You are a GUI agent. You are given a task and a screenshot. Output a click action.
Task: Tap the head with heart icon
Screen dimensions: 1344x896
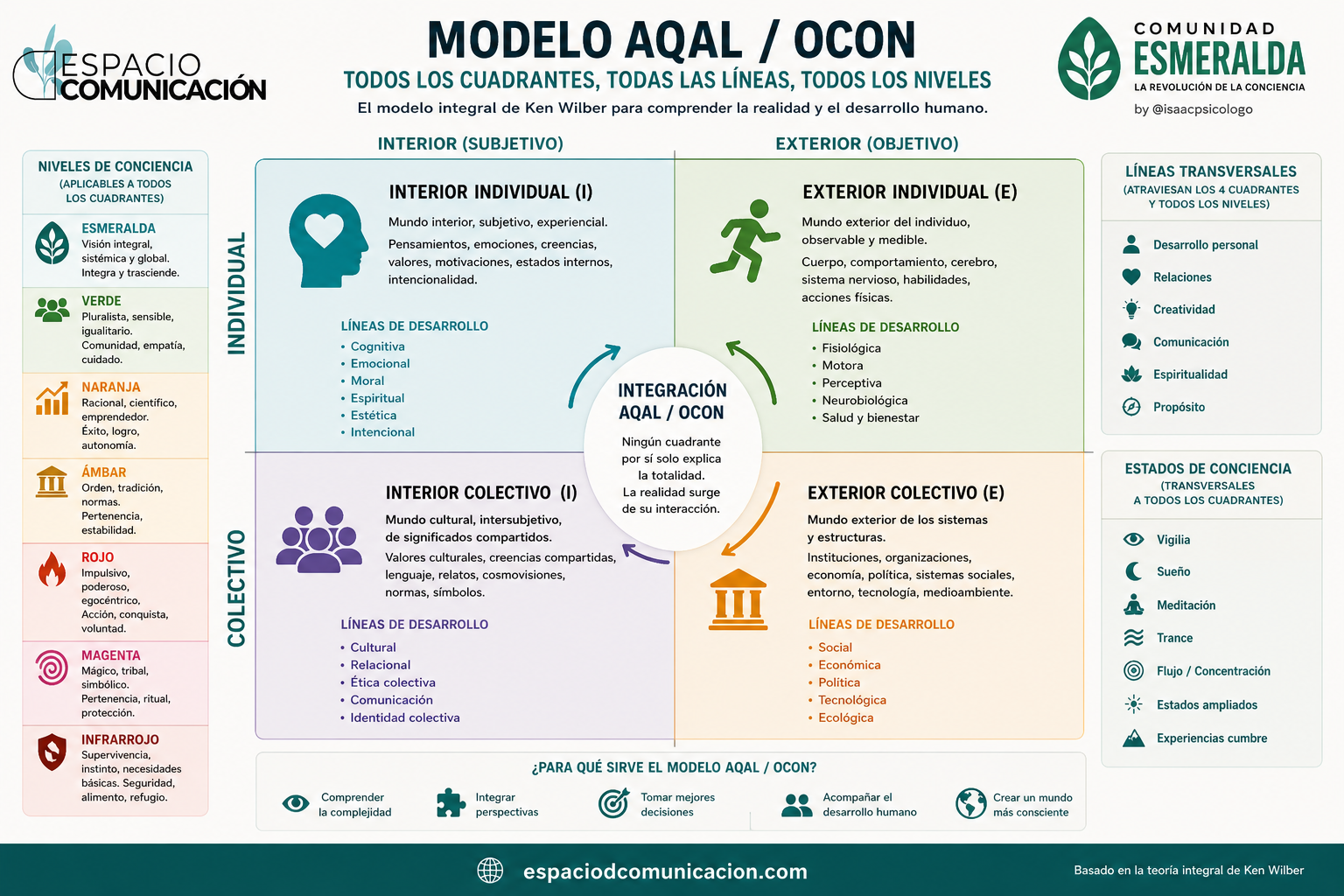pyautogui.click(x=327, y=240)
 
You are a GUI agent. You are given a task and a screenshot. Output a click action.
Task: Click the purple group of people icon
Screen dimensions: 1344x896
pyautogui.click(x=318, y=539)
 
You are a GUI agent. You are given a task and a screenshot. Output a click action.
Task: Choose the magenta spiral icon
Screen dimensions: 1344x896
pyautogui.click(x=52, y=668)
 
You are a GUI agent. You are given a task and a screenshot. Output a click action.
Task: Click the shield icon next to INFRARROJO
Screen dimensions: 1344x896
pyautogui.click(x=52, y=752)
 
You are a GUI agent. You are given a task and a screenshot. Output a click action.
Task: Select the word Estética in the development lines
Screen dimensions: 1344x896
pyautogui.click(x=374, y=416)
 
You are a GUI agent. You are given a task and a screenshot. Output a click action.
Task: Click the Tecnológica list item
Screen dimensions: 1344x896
pyautogui.click(x=852, y=700)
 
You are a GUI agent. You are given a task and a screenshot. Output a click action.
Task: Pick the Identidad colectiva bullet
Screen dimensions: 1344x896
pyautogui.click(x=405, y=717)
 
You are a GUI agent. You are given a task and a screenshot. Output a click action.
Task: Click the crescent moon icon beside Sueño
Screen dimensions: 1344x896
pyautogui.click(x=1133, y=571)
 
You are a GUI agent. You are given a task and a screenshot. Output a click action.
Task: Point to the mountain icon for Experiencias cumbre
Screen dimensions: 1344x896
pyautogui.click(x=1133, y=738)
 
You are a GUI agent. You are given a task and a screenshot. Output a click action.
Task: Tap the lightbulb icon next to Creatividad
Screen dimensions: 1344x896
pyautogui.click(x=1131, y=309)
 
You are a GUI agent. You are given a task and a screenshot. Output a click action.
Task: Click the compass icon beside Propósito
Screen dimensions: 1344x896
pyautogui.click(x=1131, y=407)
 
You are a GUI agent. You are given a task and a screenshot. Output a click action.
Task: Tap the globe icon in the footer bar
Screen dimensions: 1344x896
pyautogui.click(x=490, y=871)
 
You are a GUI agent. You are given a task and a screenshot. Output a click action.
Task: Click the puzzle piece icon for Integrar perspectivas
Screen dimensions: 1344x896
pyautogui.click(x=451, y=803)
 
